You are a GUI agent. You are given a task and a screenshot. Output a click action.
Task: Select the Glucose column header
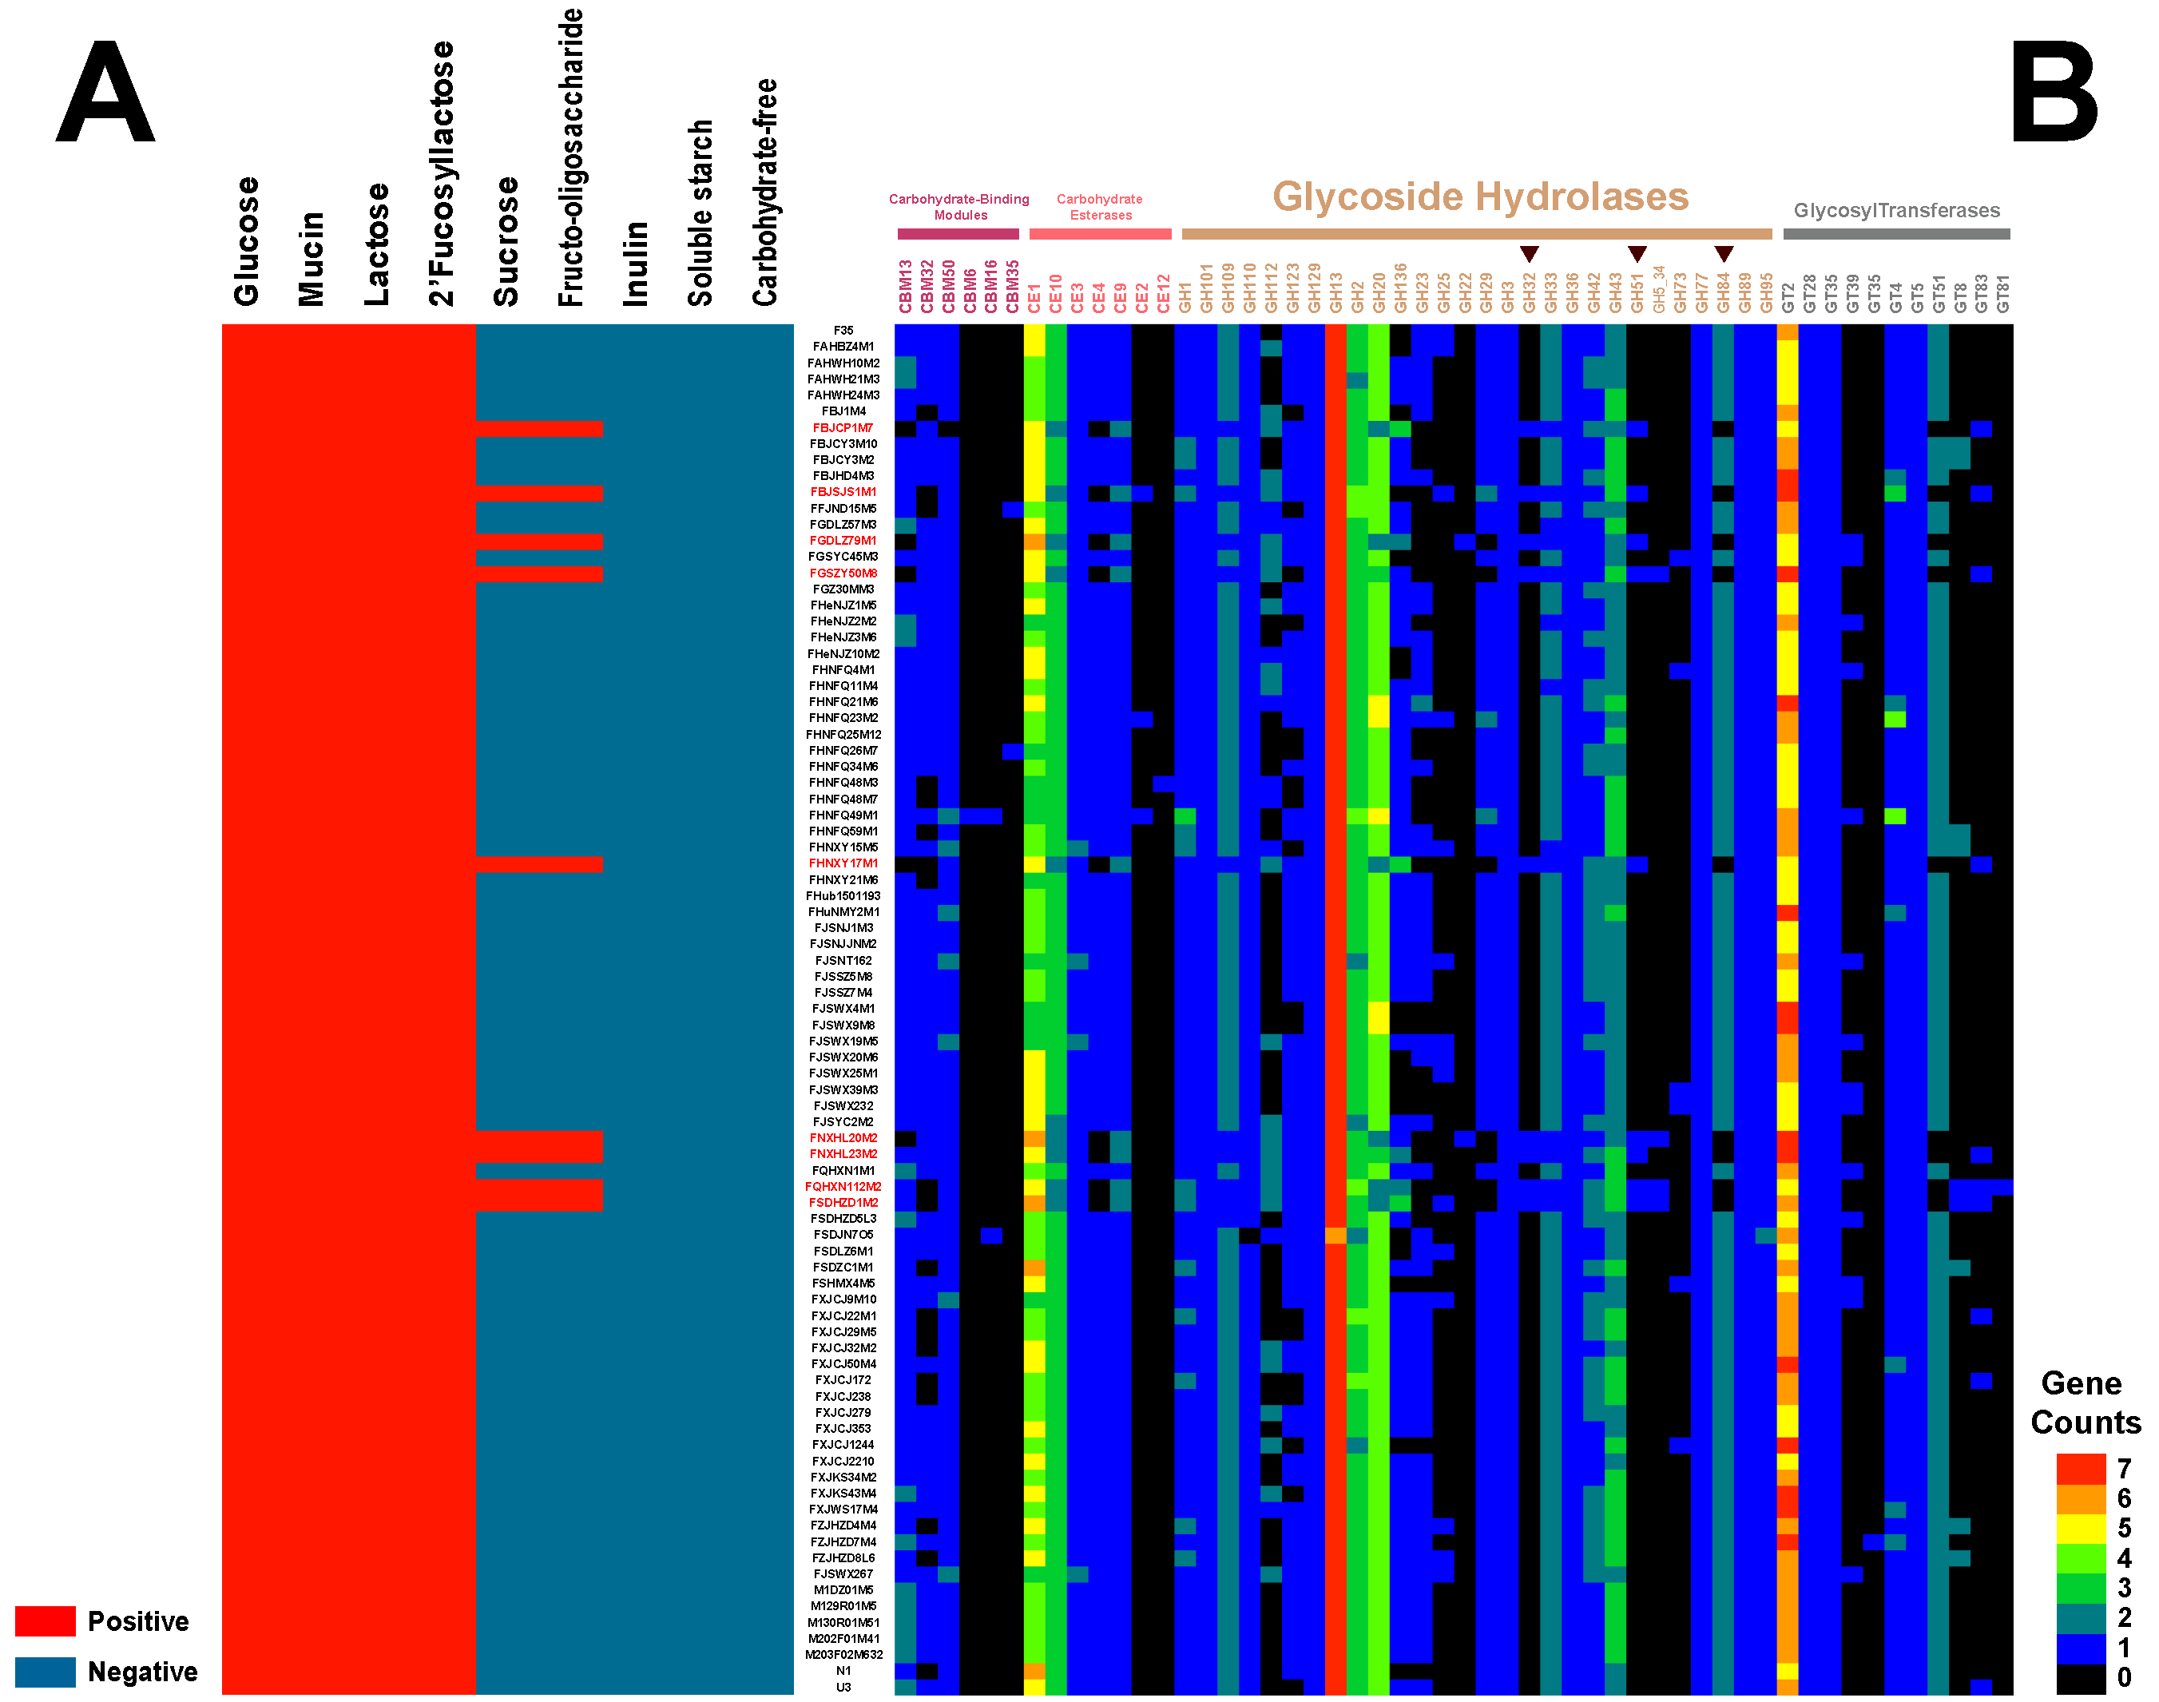tap(245, 241)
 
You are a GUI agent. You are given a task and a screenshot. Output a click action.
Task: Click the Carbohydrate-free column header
tap(764, 192)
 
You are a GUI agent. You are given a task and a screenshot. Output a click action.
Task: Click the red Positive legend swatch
tap(45, 1621)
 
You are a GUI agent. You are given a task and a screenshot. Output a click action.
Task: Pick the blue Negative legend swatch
tap(45, 1671)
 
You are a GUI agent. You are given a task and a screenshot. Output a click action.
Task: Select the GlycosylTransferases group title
tap(1896, 210)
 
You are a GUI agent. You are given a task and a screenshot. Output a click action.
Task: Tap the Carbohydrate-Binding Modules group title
tap(958, 206)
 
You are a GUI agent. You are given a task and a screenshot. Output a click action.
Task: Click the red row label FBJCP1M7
tap(842, 428)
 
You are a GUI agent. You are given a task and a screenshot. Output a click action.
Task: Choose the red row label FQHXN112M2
tap(843, 1187)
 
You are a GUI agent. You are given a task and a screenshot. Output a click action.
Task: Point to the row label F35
tap(843, 331)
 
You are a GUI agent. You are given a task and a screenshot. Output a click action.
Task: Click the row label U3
tap(843, 1687)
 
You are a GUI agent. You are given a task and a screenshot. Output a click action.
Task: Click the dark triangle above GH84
tap(1724, 254)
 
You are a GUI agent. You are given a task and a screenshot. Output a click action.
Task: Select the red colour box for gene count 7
tap(2080, 1469)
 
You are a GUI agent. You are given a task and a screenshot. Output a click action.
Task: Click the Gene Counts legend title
tap(2084, 1402)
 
